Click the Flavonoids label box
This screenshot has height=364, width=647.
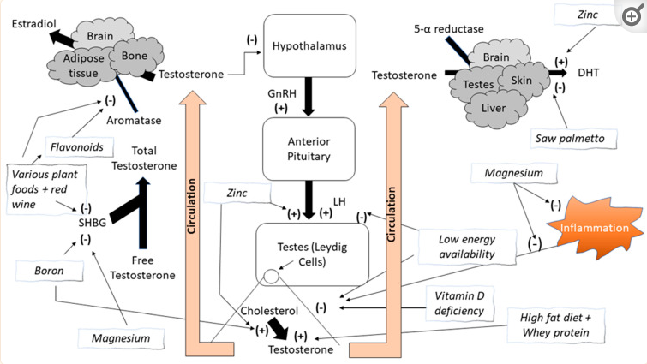click(75, 147)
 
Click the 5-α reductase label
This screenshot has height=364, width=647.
click(448, 29)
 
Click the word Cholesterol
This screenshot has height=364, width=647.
click(267, 311)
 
